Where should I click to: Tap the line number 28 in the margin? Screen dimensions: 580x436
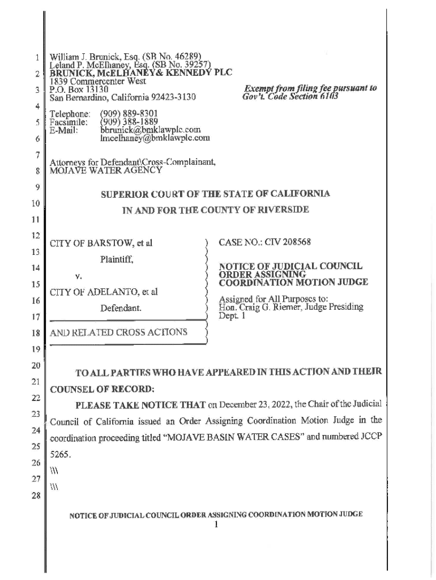(x=36, y=497)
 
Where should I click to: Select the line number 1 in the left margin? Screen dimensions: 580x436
(x=36, y=58)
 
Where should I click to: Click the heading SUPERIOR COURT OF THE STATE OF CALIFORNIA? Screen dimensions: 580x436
(x=215, y=194)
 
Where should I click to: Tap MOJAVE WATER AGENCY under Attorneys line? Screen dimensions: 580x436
(x=106, y=169)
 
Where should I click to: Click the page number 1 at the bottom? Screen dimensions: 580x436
(x=216, y=524)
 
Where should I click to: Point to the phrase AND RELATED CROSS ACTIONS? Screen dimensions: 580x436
(x=118, y=332)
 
